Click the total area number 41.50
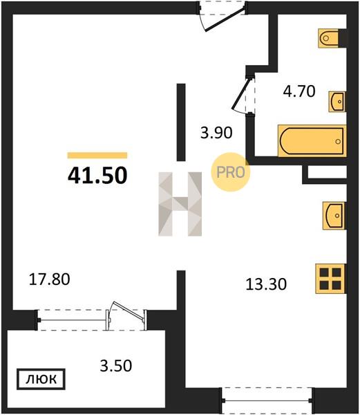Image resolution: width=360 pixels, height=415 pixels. pos(97,176)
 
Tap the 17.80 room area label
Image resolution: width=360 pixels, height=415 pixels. pos(50,279)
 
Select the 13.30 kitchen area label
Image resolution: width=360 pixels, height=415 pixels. pos(266,284)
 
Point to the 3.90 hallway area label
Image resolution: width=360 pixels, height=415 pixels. pos(216,133)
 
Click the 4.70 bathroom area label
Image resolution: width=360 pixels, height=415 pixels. pos(299,91)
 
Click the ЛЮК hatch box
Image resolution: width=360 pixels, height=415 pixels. pos(41,379)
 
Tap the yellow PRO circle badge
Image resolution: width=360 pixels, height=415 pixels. pos(231,172)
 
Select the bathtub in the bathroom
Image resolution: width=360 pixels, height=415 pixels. pos(312,141)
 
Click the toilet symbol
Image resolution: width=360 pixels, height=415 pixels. pos(328,38)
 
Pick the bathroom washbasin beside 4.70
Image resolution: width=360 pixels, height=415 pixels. pos(337,102)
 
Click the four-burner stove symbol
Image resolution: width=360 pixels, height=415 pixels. pos(331,279)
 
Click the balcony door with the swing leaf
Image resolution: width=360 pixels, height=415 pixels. pos(126,316)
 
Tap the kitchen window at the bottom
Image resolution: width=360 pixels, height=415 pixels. pos(267,401)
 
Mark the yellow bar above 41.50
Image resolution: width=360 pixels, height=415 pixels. pos(97,156)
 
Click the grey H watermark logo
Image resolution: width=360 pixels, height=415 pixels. pos(180,204)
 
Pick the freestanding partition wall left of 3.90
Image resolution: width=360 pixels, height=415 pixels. pos(181,122)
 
